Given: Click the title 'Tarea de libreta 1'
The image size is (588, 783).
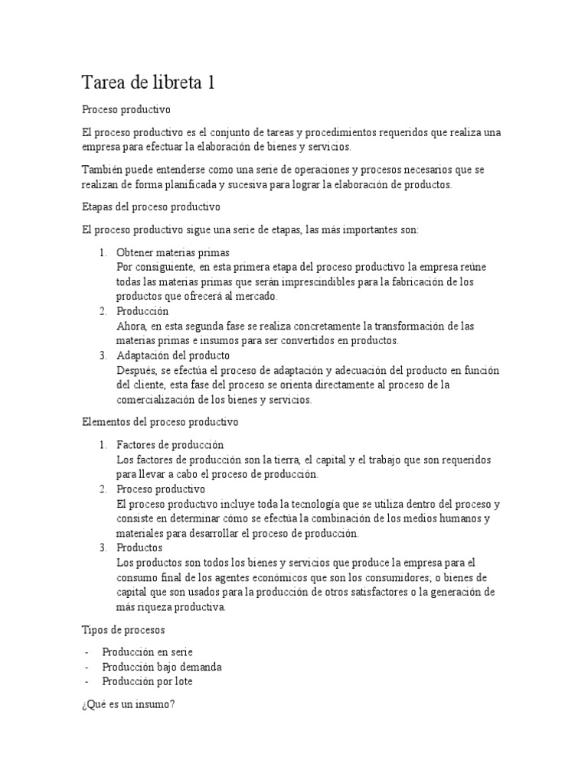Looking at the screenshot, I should (x=148, y=83).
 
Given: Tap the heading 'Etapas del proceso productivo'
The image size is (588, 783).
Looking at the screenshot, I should (x=151, y=207).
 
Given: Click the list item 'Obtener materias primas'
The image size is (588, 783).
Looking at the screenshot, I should (x=173, y=252).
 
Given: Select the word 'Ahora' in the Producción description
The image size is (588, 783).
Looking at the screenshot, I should (x=132, y=326).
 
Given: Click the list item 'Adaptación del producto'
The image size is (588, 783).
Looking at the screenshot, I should (x=173, y=356).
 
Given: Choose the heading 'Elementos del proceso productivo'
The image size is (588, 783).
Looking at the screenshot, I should (x=160, y=421).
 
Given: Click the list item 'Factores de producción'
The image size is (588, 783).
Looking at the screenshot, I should (x=170, y=444).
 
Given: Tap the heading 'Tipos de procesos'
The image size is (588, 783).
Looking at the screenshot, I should (x=123, y=629).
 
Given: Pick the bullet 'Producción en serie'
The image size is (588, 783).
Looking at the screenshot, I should (x=155, y=651).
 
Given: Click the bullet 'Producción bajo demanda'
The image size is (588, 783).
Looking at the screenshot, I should (x=169, y=666).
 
